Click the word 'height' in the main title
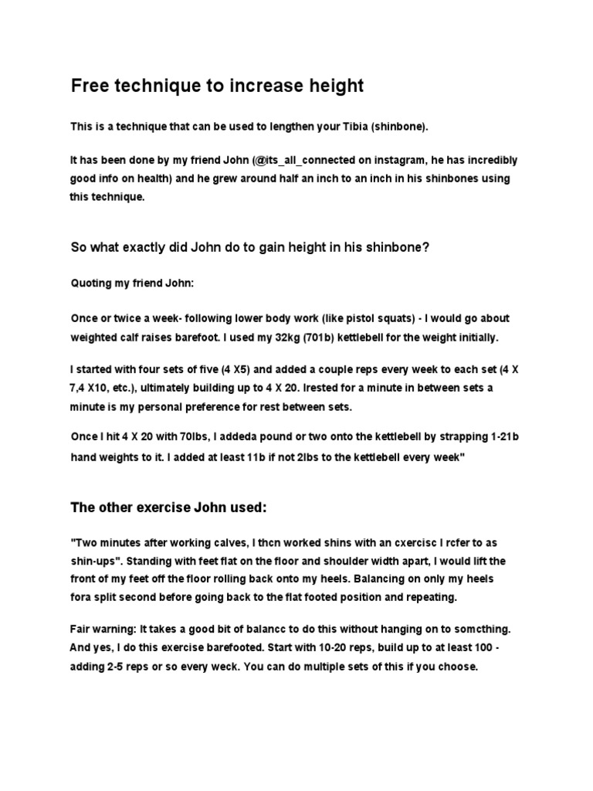click(x=330, y=86)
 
